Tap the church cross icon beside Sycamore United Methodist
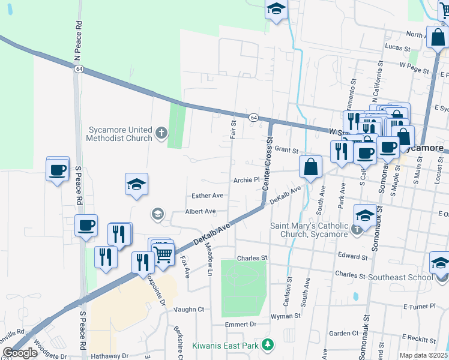pos(161,133)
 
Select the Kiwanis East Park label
pos(225,346)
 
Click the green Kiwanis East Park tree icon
pos(269,345)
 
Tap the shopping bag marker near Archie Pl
pos(310,167)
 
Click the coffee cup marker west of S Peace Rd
pos(58,170)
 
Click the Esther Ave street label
pos(207,196)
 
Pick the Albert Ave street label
pos(200,211)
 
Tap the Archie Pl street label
pos(246,179)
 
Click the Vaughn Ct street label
pos(189,310)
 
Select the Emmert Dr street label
pos(241,324)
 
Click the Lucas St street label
pos(397,47)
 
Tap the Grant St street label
pos(287,149)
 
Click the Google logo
pos(20,352)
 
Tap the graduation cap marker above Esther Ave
pos(136,184)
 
